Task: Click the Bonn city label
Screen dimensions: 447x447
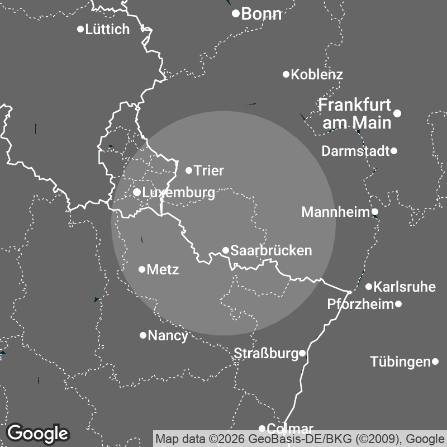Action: coord(261,15)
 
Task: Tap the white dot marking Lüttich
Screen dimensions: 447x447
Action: coord(80,29)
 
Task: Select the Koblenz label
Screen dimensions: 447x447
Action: coord(317,74)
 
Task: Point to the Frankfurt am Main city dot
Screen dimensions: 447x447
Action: coord(397,113)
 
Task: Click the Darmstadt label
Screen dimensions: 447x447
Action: coord(355,151)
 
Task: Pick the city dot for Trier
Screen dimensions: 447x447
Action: coord(189,170)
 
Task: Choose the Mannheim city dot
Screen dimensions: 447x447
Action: coord(375,212)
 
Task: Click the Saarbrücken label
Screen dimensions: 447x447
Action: coord(271,251)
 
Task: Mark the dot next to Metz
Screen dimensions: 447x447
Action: coord(142,269)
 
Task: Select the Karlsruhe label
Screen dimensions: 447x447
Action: coord(404,287)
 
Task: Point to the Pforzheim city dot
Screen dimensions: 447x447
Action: coord(398,304)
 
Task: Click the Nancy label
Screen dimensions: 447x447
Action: coord(168,336)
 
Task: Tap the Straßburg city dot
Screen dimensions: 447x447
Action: coord(302,353)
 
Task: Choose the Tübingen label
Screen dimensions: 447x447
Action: coord(400,362)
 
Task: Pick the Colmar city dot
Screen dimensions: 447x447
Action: coord(262,429)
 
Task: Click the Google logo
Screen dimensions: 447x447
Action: coord(37,433)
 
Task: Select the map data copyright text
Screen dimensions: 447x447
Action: coord(300,438)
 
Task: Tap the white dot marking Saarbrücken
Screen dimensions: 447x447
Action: coord(226,250)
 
